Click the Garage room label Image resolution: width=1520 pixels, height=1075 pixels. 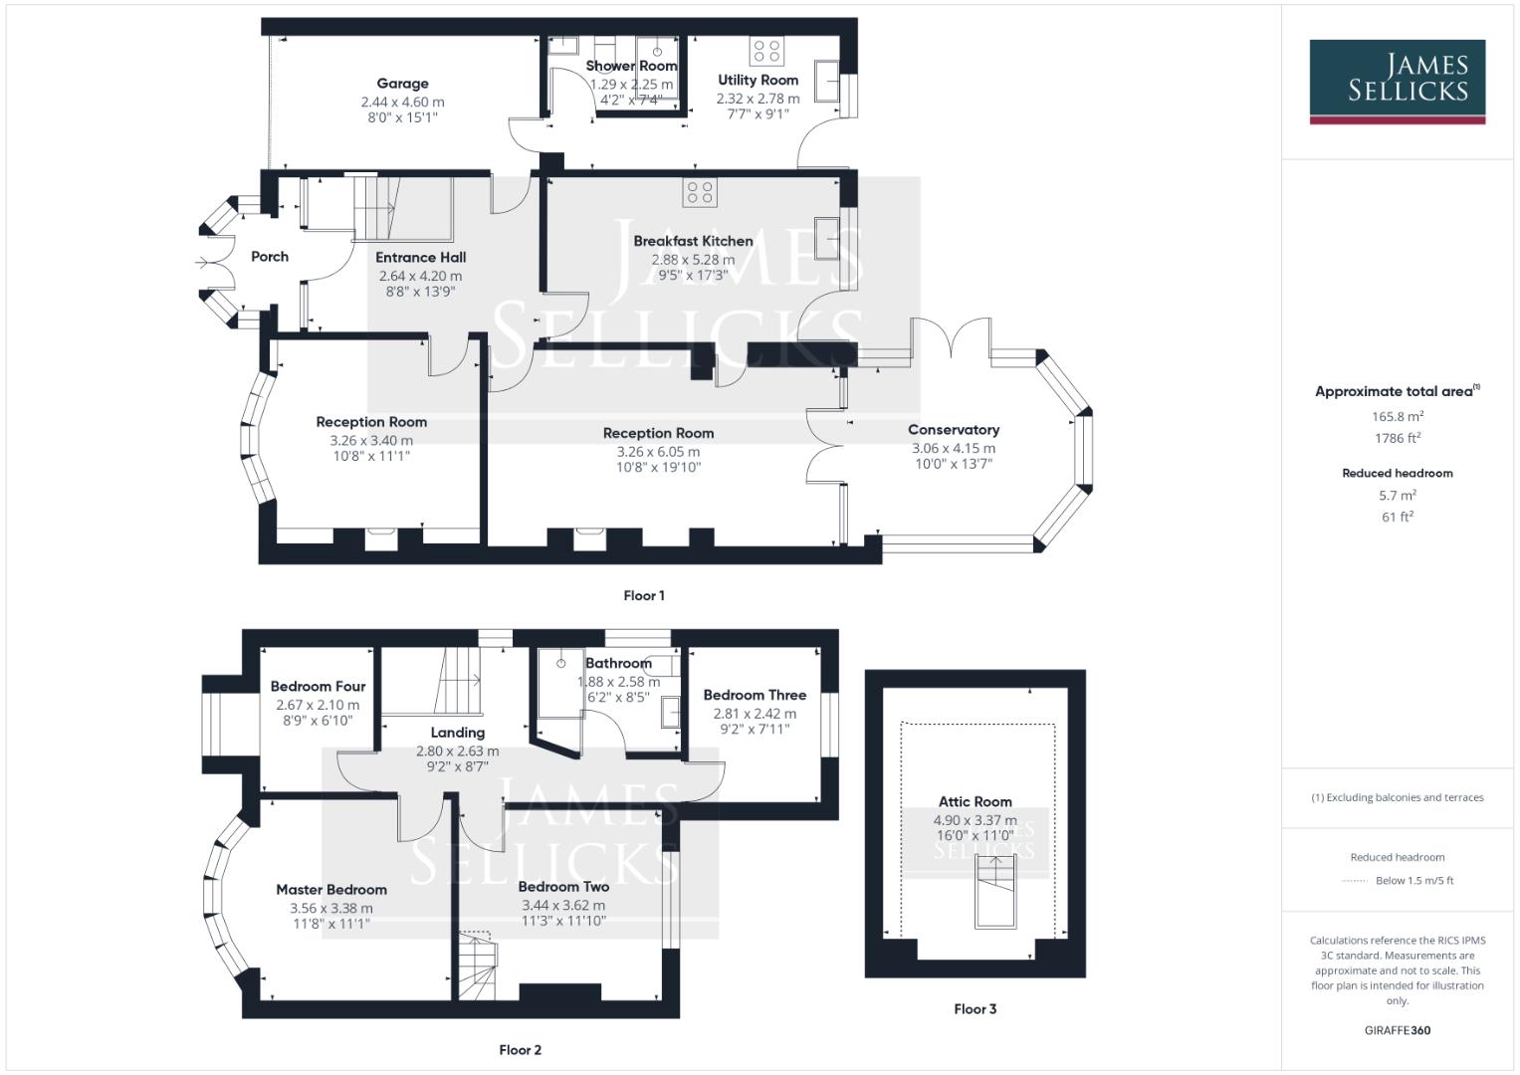[x=402, y=84]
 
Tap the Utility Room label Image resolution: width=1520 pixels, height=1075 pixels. [x=758, y=80]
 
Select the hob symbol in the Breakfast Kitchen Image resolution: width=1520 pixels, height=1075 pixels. [x=699, y=192]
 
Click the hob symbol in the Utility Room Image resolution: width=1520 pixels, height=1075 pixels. [x=766, y=51]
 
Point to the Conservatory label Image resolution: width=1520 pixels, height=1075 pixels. [x=953, y=430]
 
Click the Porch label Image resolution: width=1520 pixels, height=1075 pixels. [x=269, y=257]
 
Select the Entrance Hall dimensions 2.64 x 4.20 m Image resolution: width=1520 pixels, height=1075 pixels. [x=420, y=276]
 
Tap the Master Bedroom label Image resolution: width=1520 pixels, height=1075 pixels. [x=331, y=890]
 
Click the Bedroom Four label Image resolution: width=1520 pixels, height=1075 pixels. [x=318, y=686]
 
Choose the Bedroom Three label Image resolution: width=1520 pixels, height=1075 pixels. [x=754, y=695]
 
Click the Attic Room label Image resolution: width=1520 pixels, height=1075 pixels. [x=975, y=801]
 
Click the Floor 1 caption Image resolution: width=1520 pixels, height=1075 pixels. [x=643, y=595]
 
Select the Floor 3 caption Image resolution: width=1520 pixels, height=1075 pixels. [x=975, y=1008]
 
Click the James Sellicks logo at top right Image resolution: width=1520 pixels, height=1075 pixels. [x=1397, y=81]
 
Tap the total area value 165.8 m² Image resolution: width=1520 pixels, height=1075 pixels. [x=1397, y=416]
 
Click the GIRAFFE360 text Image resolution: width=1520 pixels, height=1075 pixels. [x=1397, y=1030]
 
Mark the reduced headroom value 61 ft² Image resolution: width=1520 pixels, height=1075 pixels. [x=1397, y=517]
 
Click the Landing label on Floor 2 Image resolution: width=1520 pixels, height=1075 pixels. [x=457, y=733]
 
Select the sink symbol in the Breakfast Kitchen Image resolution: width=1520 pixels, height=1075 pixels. [x=826, y=237]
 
